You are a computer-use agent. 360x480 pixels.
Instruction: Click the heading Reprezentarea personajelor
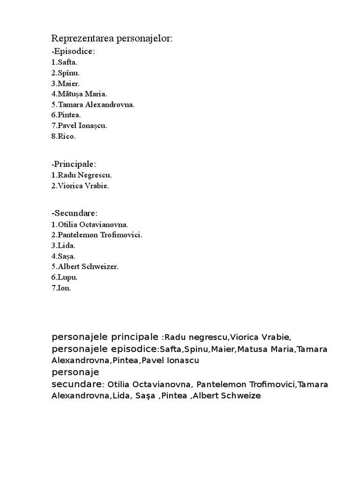point(112,38)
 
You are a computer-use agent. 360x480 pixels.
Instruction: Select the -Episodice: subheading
point(73,51)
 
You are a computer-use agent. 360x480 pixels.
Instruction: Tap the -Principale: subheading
point(74,164)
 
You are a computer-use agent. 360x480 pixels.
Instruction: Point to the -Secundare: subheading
point(75,213)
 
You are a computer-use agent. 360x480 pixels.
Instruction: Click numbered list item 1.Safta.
point(65,62)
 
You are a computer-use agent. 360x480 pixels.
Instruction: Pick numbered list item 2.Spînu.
point(66,73)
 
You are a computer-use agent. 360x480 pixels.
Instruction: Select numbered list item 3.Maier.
point(66,83)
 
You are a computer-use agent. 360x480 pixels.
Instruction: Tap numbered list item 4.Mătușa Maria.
point(79,94)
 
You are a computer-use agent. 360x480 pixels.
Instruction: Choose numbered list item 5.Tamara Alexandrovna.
point(93,105)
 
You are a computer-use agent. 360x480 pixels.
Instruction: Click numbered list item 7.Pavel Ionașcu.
point(79,126)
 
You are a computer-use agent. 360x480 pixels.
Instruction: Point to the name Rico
point(67,136)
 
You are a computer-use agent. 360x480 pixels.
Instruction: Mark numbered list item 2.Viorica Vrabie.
point(80,186)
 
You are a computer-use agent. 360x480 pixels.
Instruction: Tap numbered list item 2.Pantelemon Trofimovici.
point(97,235)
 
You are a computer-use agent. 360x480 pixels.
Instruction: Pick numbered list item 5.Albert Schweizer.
point(85,267)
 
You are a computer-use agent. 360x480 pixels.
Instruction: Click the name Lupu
point(67,277)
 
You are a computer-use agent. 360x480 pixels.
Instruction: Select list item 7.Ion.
point(61,288)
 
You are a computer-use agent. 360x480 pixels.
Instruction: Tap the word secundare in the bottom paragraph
point(77,384)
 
